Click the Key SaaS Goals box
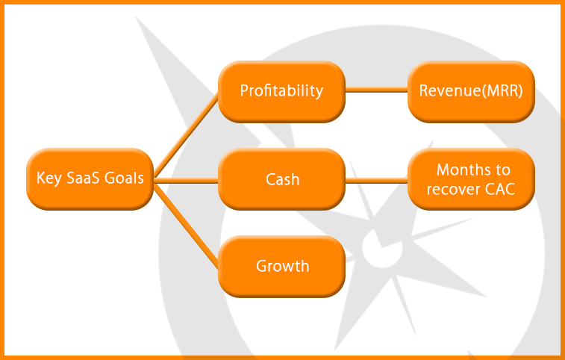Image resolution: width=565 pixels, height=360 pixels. (90, 179)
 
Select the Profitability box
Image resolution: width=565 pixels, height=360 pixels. (282, 92)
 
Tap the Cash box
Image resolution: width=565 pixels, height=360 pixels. (282, 179)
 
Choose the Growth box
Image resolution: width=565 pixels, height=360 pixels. (282, 266)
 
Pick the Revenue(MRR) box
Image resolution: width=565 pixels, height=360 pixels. (471, 92)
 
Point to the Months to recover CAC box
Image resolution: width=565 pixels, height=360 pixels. (471, 179)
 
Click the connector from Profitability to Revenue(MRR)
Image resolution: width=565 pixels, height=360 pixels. (377, 90)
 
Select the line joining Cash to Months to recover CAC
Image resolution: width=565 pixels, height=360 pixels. (377, 181)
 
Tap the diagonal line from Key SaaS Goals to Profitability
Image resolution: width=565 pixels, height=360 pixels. (186, 135)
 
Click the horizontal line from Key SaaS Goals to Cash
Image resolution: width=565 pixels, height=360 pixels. (186, 181)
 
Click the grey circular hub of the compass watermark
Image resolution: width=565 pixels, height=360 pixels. (382, 248)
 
